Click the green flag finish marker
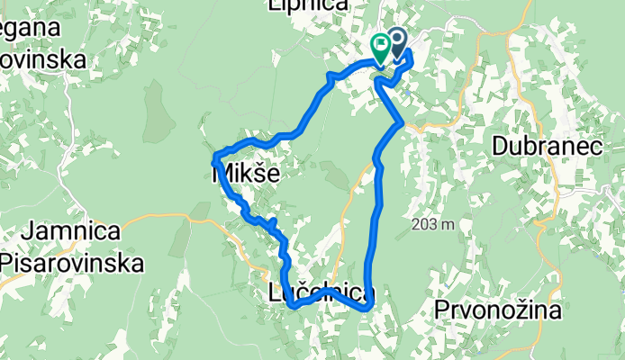point(381,44)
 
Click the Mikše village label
point(245,173)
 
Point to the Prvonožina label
point(497,311)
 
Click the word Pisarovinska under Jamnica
point(73,263)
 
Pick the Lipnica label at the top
point(308,5)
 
